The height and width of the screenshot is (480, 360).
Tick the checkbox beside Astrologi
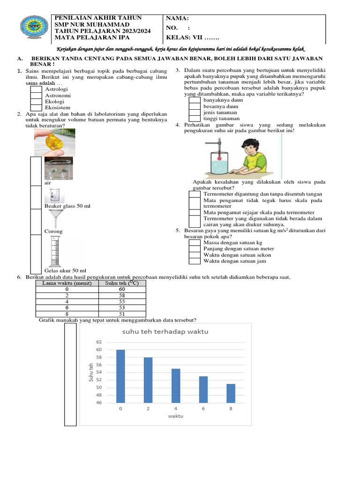click(x=37, y=89)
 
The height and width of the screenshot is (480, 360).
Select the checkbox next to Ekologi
click(x=37, y=101)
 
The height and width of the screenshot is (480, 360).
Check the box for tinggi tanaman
click(x=195, y=119)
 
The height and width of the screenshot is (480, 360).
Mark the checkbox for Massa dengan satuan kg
click(x=195, y=242)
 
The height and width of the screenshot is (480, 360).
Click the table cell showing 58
click(x=122, y=296)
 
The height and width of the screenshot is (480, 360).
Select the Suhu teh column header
click(x=122, y=283)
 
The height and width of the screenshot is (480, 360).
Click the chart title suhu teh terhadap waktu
click(x=165, y=332)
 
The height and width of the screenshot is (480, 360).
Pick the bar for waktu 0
click(x=120, y=376)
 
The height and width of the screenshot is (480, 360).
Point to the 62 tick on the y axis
click(x=99, y=343)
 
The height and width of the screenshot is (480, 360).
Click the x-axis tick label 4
click(x=175, y=409)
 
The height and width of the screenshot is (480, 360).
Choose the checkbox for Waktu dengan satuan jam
click(x=195, y=261)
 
